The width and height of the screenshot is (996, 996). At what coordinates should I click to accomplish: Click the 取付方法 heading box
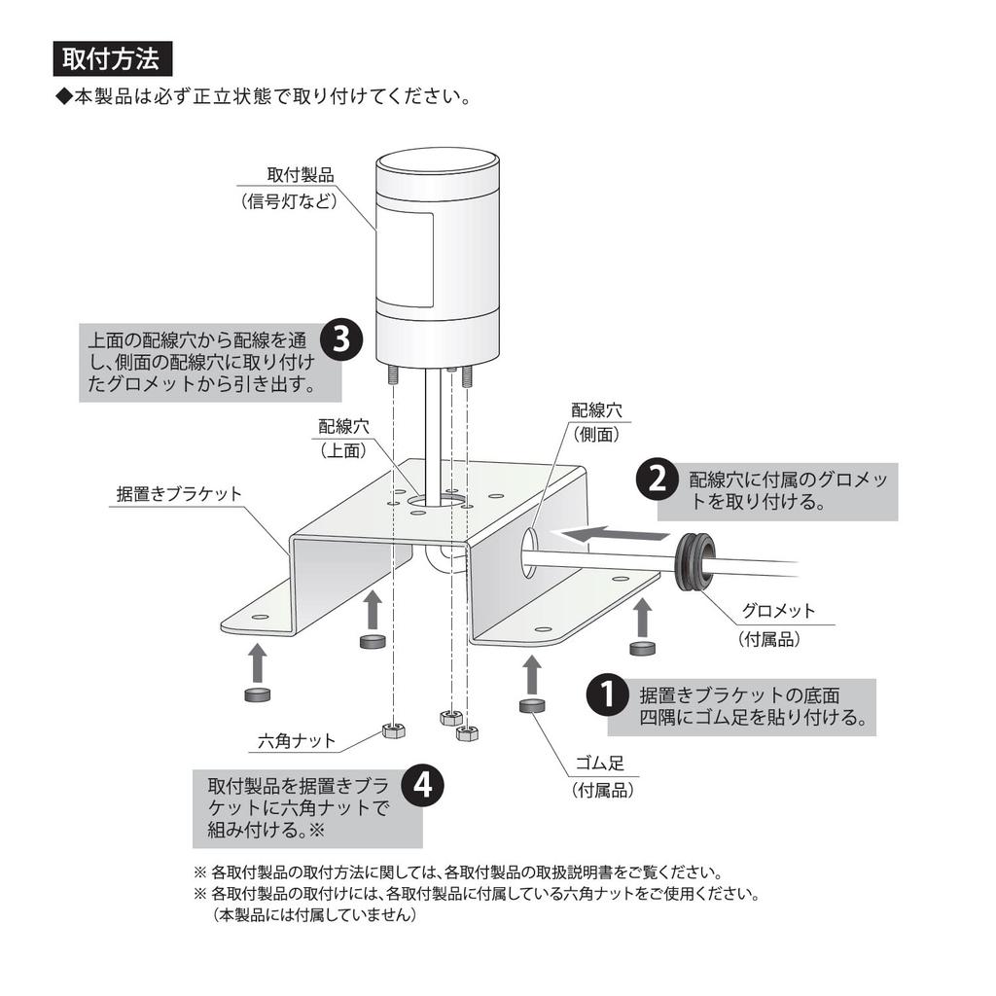(112, 58)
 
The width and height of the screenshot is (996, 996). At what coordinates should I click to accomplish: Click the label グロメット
(778, 612)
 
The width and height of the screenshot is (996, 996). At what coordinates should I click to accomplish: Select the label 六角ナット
(298, 741)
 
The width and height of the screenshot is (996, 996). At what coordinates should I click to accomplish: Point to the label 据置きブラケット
(179, 494)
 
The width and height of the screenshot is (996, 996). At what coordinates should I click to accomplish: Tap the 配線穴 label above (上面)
(344, 426)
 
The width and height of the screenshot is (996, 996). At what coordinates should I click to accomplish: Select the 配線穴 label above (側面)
(596, 410)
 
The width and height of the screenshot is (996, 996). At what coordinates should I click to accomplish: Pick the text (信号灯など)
(289, 201)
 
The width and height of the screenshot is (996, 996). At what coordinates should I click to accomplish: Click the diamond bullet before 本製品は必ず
(63, 98)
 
